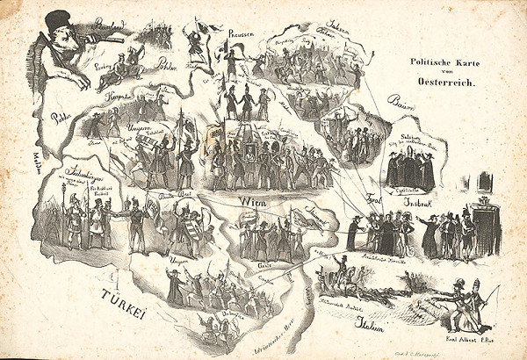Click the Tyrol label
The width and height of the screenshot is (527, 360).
pyautogui.click(x=372, y=199)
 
